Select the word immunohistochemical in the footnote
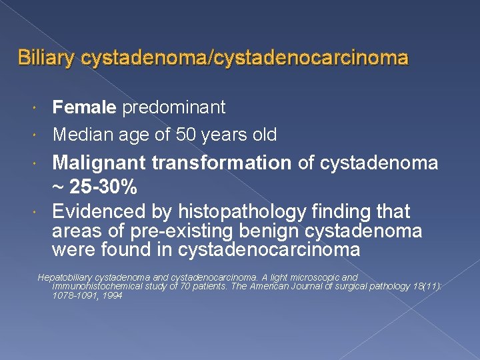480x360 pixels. coord(97,286)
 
